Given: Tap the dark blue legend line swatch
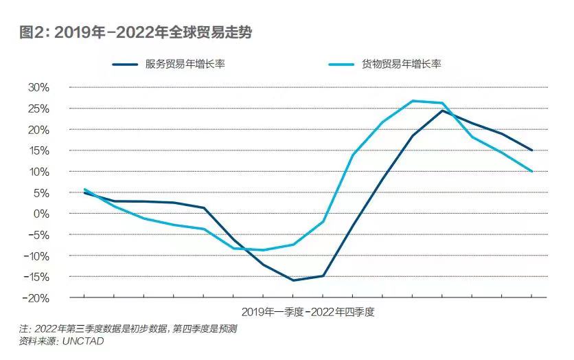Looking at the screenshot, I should point(129,65).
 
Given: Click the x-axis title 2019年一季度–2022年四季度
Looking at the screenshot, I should point(308,311).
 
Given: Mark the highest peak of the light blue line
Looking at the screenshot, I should point(413,101).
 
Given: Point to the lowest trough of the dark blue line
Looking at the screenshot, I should point(293,280).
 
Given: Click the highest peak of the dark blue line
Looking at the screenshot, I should point(442,110).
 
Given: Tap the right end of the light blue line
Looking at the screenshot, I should point(532,171).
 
